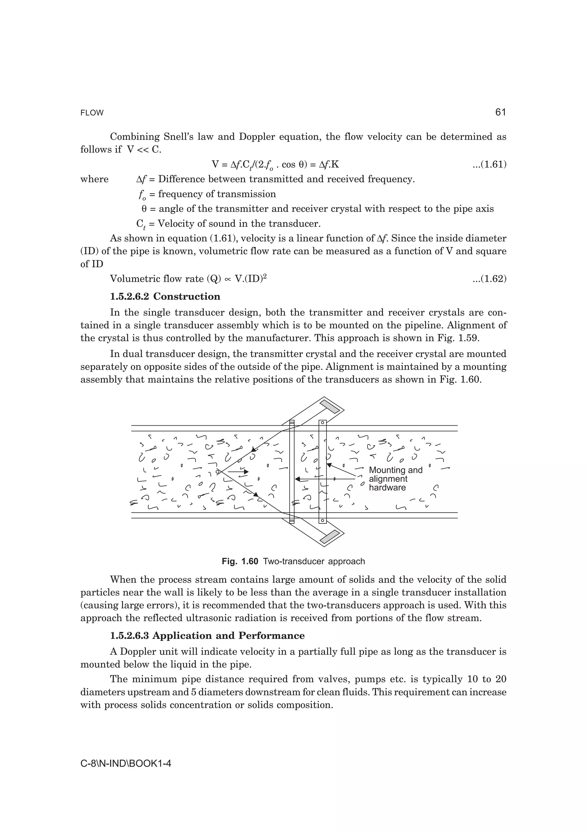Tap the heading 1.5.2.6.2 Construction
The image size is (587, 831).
tap(165, 296)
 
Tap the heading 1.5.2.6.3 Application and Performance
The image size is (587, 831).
tap(207, 635)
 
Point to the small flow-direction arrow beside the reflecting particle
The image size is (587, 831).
tap(239, 472)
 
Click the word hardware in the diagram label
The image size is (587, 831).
tap(387, 487)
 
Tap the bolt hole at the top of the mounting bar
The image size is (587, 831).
tap(323, 422)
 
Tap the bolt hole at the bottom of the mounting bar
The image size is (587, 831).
tap(323, 521)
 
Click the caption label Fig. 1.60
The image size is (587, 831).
tap(240, 561)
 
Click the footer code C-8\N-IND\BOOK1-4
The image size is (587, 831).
tap(126, 764)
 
